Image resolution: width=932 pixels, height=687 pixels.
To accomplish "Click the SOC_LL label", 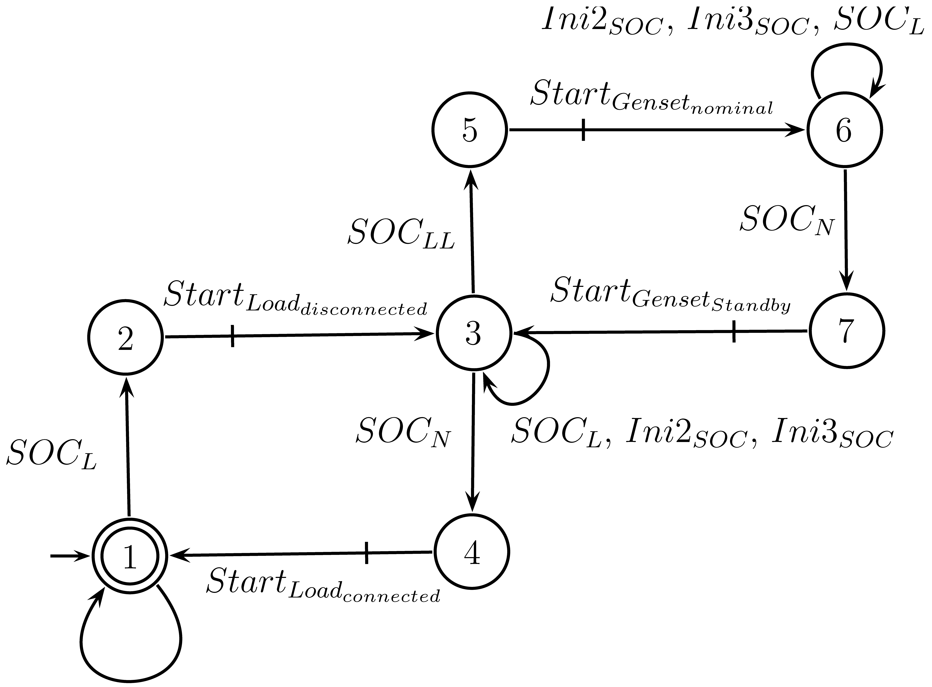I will pyautogui.click(x=401, y=234).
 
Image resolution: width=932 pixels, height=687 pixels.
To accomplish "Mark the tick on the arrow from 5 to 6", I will pyautogui.click(x=583, y=130).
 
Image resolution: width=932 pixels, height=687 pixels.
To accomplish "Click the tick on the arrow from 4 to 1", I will pyautogui.click(x=366, y=553).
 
